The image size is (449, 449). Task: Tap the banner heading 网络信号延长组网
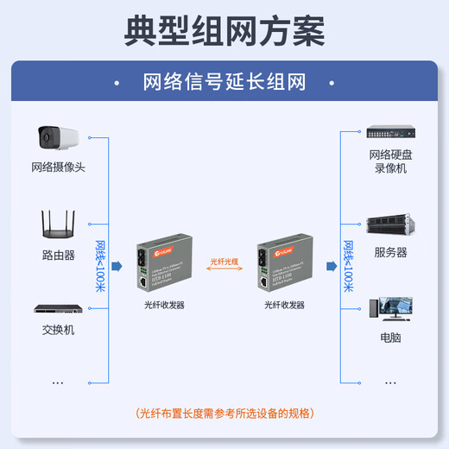224,82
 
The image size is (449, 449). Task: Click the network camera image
58,137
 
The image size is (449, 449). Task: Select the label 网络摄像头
58,167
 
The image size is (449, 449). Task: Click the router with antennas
58,224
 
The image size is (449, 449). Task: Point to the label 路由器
58,256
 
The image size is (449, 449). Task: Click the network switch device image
58,308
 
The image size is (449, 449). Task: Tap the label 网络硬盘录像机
388,161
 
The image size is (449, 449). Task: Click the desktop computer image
389,310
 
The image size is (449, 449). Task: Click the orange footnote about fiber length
224,414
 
